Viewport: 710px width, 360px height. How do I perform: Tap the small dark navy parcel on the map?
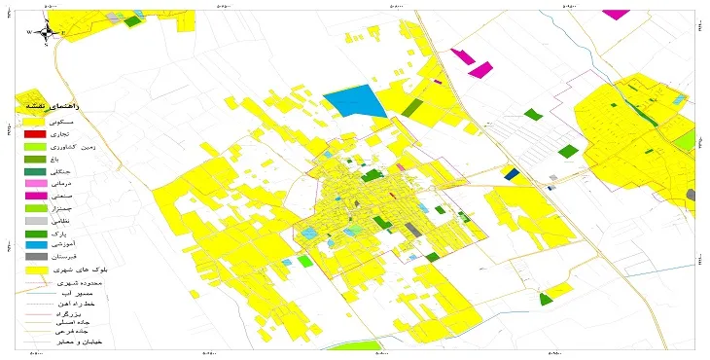pos(512,174)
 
